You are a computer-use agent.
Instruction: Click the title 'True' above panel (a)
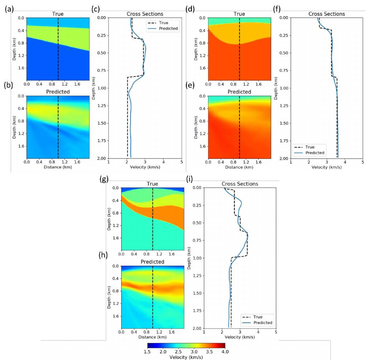tap(58, 14)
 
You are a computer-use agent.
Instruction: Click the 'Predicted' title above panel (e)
tap(239, 92)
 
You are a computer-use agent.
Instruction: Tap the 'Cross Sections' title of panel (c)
tap(145, 14)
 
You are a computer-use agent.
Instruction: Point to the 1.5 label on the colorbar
tap(147, 351)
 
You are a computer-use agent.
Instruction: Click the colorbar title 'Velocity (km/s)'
tap(186, 357)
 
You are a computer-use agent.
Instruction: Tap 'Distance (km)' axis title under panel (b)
tap(58, 167)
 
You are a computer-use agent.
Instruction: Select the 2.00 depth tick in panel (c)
tap(100, 158)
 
